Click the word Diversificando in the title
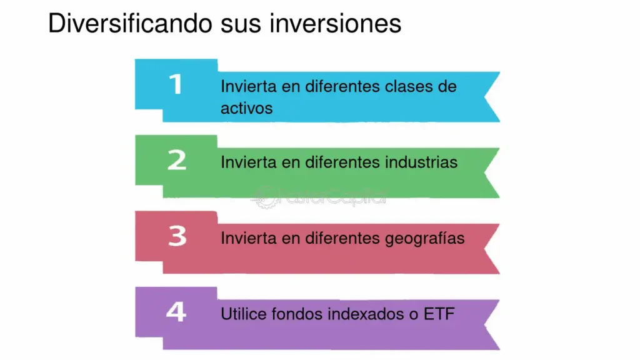(x=130, y=23)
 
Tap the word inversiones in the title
(x=335, y=23)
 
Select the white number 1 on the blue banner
(x=176, y=84)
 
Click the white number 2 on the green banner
(x=177, y=160)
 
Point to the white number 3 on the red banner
(x=177, y=236)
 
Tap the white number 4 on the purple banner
(x=176, y=312)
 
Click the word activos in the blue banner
(x=246, y=109)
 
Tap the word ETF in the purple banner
(x=439, y=314)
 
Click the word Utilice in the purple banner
(x=244, y=314)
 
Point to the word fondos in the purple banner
(x=297, y=314)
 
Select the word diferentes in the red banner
(x=342, y=238)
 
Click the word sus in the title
(x=241, y=25)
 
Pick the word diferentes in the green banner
(x=342, y=162)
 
